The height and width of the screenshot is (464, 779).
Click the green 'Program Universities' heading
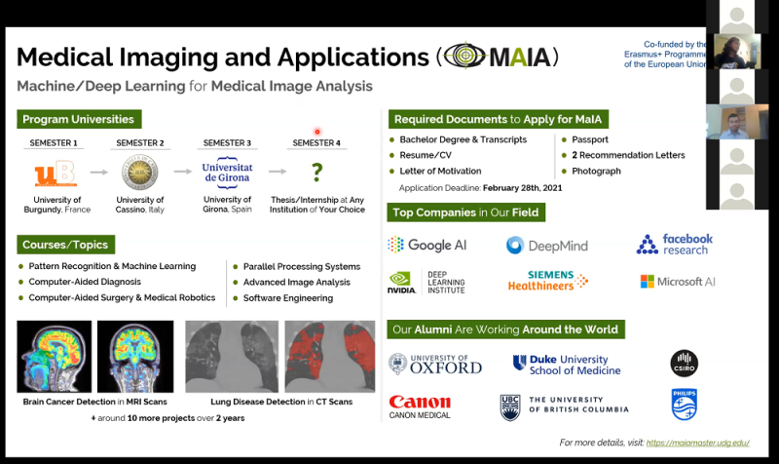click(x=79, y=119)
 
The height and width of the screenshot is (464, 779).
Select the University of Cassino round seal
click(x=140, y=173)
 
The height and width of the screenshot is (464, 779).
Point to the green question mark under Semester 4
click(x=316, y=173)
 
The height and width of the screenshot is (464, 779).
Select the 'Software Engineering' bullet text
click(x=289, y=297)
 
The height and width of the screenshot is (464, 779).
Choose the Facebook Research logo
click(x=675, y=244)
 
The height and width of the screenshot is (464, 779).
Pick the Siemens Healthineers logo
click(x=547, y=281)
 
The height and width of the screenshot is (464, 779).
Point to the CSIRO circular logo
click(x=685, y=365)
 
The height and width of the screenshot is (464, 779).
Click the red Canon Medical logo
click(x=420, y=406)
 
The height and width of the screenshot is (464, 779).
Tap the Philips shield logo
click(x=684, y=404)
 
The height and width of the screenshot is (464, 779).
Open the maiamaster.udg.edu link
click(x=698, y=443)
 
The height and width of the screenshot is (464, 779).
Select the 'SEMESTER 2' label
click(x=140, y=143)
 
